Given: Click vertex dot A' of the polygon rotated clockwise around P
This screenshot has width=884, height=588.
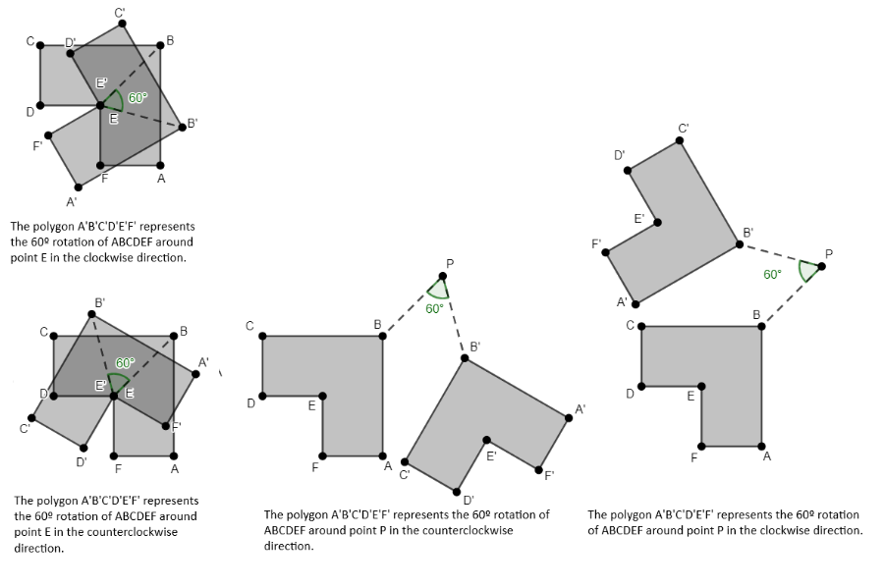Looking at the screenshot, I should point(635,303).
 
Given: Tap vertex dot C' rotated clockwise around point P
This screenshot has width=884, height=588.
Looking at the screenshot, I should point(682,142).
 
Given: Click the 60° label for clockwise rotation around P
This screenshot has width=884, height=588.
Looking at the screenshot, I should point(772,274).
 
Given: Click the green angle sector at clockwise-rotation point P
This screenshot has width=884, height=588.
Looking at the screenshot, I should point(808,270).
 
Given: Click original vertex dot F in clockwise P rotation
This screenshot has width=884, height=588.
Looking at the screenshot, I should point(702,444).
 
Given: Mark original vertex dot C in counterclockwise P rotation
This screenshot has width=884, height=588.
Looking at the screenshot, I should point(263,337).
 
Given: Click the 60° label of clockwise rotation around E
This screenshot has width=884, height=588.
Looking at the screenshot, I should point(137,97).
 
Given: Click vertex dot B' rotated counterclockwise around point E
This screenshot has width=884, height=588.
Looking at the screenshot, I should point(93,313).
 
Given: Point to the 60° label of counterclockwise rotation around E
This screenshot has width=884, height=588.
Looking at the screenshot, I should point(125,362).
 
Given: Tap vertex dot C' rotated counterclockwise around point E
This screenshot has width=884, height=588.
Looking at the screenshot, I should point(33,417).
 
